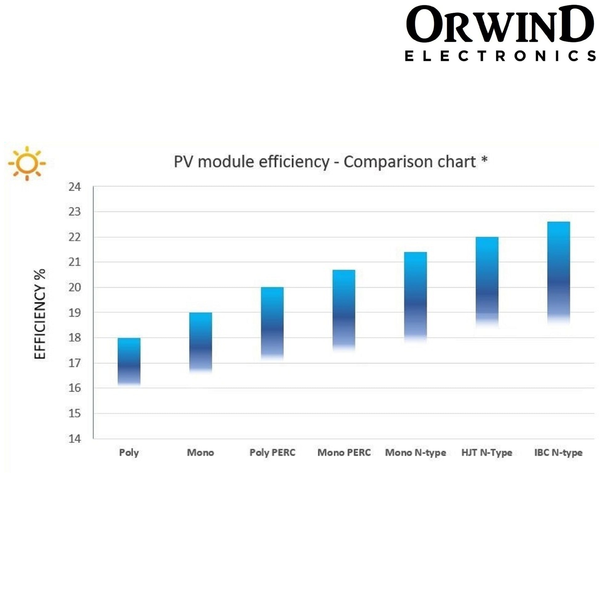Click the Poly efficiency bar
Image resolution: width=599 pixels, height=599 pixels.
pyautogui.click(x=129, y=361)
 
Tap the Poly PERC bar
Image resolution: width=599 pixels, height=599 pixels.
pyautogui.click(x=272, y=323)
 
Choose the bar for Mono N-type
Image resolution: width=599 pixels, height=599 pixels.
pyautogui.click(x=416, y=296)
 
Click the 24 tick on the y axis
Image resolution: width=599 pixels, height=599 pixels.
pyautogui.click(x=74, y=187)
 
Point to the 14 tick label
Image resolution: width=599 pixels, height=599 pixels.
pyautogui.click(x=74, y=439)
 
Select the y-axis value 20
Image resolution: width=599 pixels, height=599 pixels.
pyautogui.click(x=74, y=287)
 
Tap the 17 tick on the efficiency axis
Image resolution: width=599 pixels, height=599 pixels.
pyautogui.click(x=74, y=363)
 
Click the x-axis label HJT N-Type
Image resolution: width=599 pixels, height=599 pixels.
pyautogui.click(x=487, y=453)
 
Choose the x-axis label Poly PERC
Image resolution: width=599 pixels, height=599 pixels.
pyautogui.click(x=272, y=453)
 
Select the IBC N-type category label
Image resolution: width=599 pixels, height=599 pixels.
pyautogui.click(x=558, y=453)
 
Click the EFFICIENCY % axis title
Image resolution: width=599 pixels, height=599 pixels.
pyautogui.click(x=40, y=314)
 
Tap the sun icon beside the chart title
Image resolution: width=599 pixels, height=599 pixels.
pyautogui.click(x=27, y=163)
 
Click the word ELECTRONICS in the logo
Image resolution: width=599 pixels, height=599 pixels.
pyautogui.click(x=500, y=56)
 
